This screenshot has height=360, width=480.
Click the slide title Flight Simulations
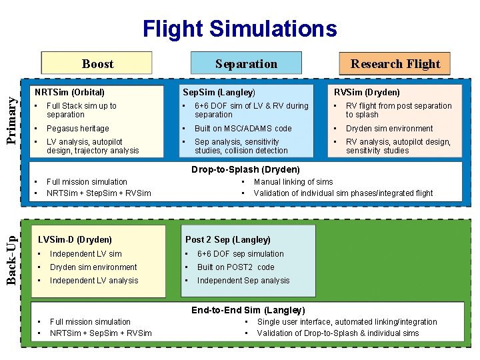pos(240,29)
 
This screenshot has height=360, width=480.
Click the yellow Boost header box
pos(97,64)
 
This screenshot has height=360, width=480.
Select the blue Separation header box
pos(246,64)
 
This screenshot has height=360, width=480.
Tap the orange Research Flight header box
pos(395,64)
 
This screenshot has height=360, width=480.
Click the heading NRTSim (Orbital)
pos(69,92)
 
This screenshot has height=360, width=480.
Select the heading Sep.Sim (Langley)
pos(219,92)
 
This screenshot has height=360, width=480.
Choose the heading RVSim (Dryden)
pos(367,92)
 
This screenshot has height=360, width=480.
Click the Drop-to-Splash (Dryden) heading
pos(245,169)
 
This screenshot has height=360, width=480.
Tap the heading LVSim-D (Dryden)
pos(75,239)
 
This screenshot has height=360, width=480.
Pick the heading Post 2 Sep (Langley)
pos(227,239)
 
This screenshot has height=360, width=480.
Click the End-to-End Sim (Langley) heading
pos(248,310)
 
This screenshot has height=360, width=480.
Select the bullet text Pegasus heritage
pos(77,129)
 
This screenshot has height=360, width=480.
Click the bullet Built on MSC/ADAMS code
pos(243,129)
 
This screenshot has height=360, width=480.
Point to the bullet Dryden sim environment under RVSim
pos(389,129)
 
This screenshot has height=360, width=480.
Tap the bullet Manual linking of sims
pos(293,182)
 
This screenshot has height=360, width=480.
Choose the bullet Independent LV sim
pos(85,254)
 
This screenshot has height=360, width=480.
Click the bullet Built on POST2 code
pos(235,267)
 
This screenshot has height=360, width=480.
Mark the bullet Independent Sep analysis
pos(243,281)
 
